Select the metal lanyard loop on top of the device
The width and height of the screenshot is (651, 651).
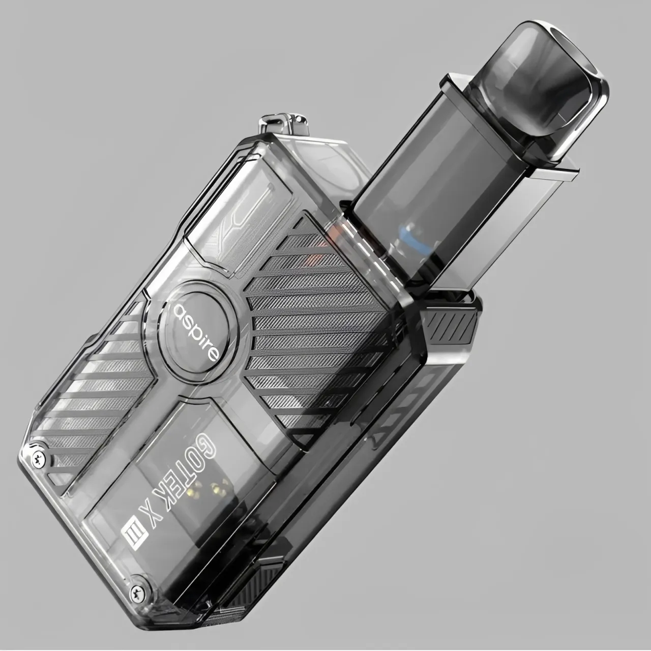click(x=283, y=125)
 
